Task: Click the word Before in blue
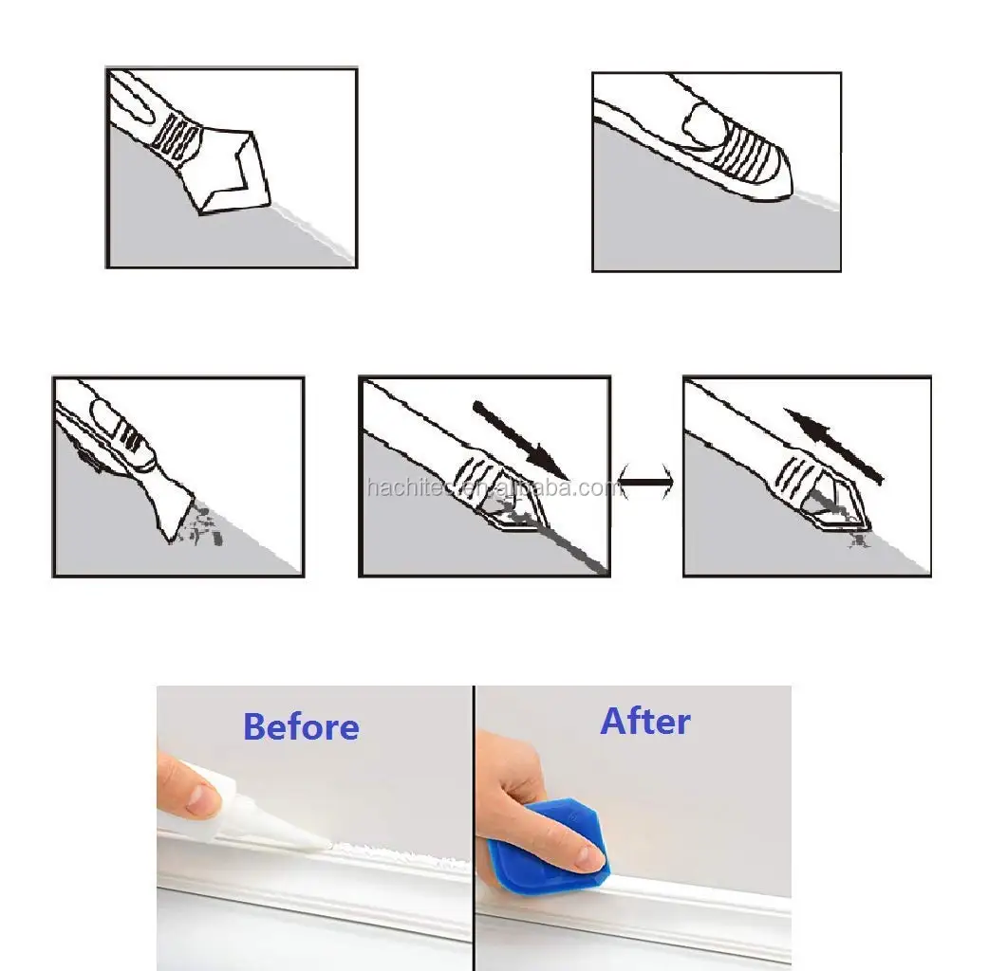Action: [x=301, y=726]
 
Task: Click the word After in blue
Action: [x=645, y=721]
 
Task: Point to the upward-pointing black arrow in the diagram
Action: [x=834, y=445]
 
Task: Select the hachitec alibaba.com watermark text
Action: [x=494, y=488]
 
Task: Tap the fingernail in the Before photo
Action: [x=202, y=801]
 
